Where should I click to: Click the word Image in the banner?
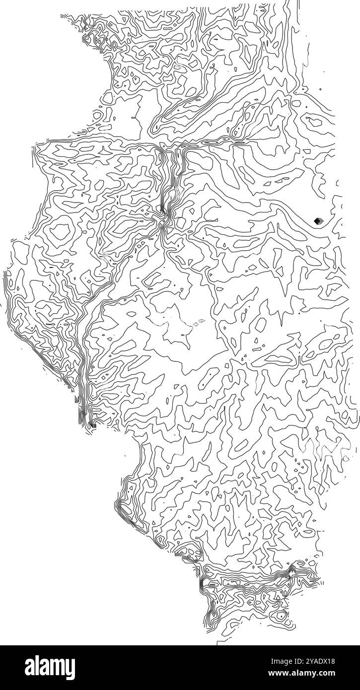tap(280, 662)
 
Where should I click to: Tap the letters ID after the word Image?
tap(297, 662)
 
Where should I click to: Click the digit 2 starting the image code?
tap(307, 662)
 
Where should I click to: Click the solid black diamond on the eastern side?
tap(317, 221)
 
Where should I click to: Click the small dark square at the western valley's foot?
tap(93, 425)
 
